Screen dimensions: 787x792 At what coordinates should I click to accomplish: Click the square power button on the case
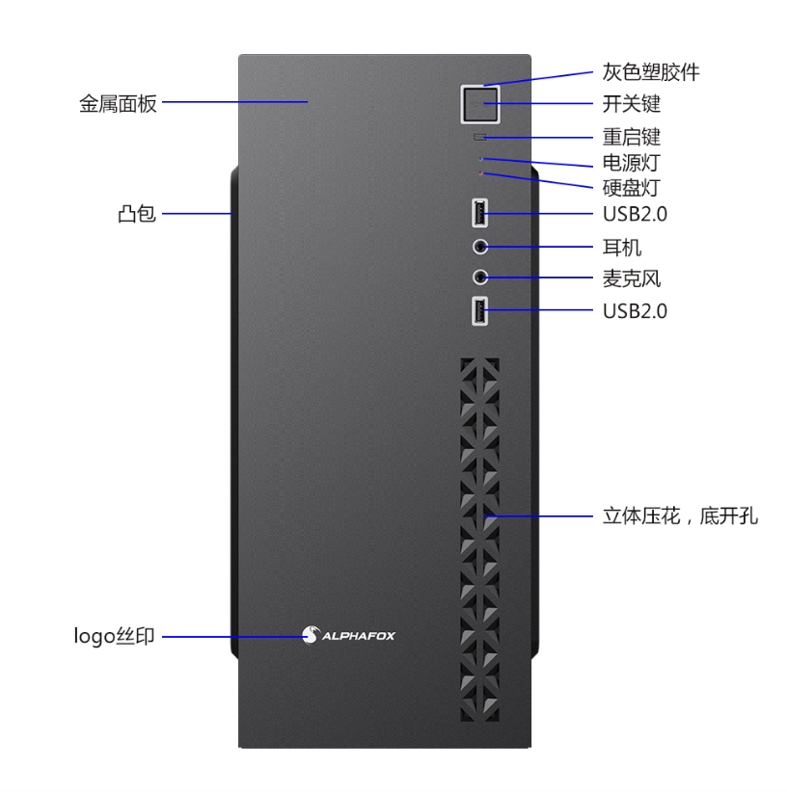(x=480, y=104)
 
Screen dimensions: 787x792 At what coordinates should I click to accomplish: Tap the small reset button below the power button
(x=479, y=137)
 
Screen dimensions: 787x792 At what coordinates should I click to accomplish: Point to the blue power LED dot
(x=480, y=159)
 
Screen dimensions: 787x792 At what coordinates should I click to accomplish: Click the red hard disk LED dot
(x=480, y=173)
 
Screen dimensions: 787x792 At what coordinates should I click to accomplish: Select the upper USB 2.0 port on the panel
(x=479, y=213)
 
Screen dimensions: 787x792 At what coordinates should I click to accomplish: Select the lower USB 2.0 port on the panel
(x=479, y=310)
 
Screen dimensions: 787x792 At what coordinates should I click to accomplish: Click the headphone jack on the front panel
(x=480, y=247)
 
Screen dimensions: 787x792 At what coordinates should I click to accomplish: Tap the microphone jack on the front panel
(x=480, y=277)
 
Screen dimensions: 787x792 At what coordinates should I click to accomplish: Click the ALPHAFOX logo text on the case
(x=359, y=636)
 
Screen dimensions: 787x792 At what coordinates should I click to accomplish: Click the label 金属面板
(x=118, y=103)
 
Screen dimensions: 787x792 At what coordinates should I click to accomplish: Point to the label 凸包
(x=137, y=214)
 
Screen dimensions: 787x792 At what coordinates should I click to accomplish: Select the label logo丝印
(x=114, y=636)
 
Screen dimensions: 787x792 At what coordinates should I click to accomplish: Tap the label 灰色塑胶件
(x=651, y=72)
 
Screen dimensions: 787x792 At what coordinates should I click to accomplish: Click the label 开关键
(x=632, y=104)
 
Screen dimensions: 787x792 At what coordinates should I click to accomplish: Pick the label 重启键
(x=632, y=137)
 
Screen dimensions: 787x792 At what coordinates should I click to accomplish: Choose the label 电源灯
(x=632, y=163)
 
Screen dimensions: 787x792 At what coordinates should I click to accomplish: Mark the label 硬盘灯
(x=632, y=188)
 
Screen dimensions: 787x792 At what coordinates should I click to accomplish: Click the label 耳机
(x=622, y=248)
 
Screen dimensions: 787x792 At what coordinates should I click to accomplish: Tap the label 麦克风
(x=632, y=278)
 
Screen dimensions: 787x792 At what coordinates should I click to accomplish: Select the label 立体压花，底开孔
(x=680, y=515)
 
